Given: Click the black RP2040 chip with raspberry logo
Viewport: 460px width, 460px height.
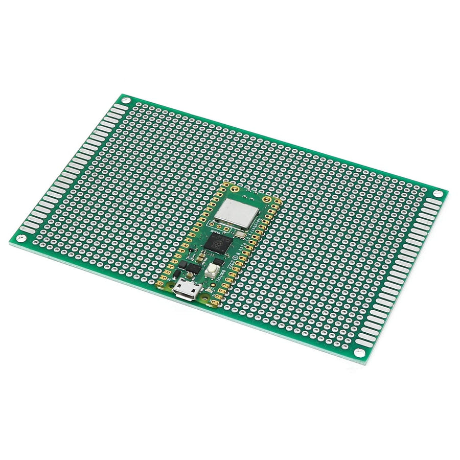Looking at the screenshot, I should point(216,243).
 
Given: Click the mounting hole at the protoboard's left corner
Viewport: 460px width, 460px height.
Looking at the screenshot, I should point(20,238).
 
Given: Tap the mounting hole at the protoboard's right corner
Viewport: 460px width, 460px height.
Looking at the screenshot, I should point(439,194).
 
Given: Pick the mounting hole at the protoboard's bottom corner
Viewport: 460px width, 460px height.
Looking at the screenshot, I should point(360,353).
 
